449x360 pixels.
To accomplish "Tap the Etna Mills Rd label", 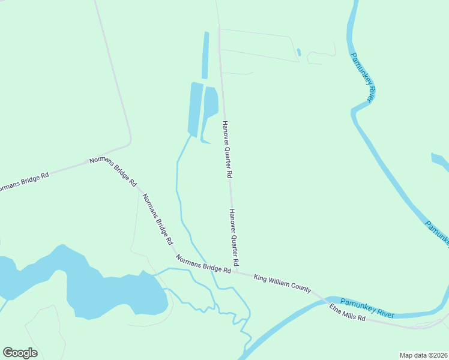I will pyautogui.click(x=347, y=313).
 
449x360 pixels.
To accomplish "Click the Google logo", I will pyautogui.click(x=20, y=352).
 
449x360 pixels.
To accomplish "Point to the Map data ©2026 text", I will pyautogui.click(x=423, y=355).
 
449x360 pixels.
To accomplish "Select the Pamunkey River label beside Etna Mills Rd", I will pyautogui.click(x=367, y=306).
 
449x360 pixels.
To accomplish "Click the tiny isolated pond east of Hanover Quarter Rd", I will pyautogui.click(x=298, y=52).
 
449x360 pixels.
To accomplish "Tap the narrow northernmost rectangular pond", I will pyautogui.click(x=205, y=55).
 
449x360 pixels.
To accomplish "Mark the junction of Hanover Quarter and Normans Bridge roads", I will pyautogui.click(x=236, y=271).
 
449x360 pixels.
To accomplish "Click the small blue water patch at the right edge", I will pyautogui.click(x=440, y=161).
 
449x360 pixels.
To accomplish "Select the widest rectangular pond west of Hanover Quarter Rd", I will pyautogui.click(x=196, y=108).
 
